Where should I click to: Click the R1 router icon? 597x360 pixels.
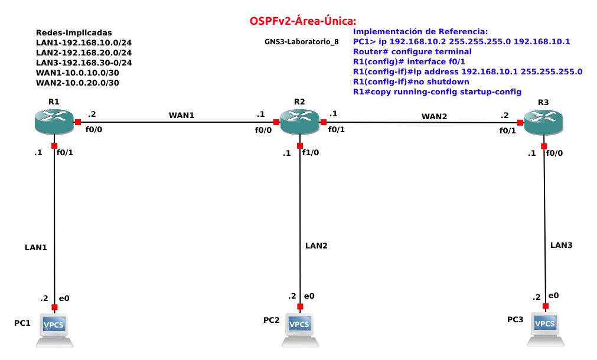click(54, 122)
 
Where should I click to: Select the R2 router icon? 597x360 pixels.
click(299, 122)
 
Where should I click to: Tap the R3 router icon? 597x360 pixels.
click(544, 122)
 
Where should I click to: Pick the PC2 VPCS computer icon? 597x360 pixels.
click(300, 329)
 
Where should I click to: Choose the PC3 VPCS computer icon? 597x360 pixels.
click(546, 329)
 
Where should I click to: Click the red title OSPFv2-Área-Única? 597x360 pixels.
click(303, 21)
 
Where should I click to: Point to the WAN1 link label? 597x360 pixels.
click(182, 115)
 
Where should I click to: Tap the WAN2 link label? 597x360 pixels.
click(434, 116)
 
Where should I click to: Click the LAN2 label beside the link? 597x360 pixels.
click(317, 246)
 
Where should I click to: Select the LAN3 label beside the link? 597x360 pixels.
click(561, 245)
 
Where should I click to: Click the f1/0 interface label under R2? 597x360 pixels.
click(311, 153)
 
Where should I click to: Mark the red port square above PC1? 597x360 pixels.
click(54, 307)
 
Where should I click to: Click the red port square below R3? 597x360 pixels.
click(544, 146)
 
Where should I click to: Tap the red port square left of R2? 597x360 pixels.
click(276, 122)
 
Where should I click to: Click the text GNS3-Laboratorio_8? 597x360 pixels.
click(302, 42)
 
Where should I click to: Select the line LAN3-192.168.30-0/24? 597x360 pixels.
click(84, 63)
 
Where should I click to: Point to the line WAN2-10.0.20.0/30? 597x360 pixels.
click(77, 83)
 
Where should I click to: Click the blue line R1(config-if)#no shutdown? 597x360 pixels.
click(411, 82)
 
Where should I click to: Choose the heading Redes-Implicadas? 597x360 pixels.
click(74, 32)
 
